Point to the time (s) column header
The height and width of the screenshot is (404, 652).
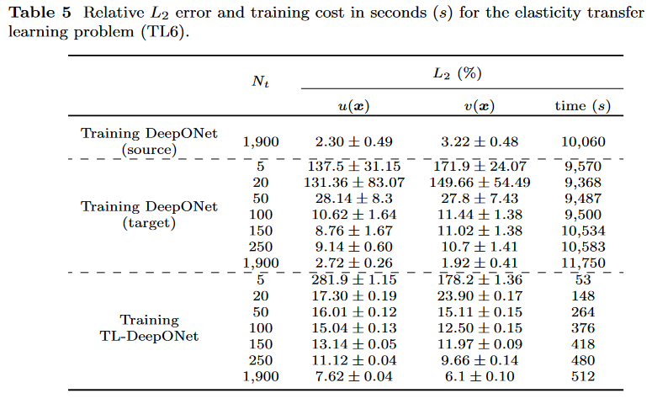(582, 105)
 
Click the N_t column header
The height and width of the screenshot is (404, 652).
(261, 82)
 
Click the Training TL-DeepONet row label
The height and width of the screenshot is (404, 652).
(149, 327)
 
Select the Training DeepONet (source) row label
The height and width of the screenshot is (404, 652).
(149, 142)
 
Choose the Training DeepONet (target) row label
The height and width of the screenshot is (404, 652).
(149, 215)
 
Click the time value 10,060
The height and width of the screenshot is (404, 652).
(582, 142)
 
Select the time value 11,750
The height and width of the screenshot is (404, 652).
(582, 263)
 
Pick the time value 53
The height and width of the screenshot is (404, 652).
(582, 279)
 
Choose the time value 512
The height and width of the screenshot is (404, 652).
(582, 376)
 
